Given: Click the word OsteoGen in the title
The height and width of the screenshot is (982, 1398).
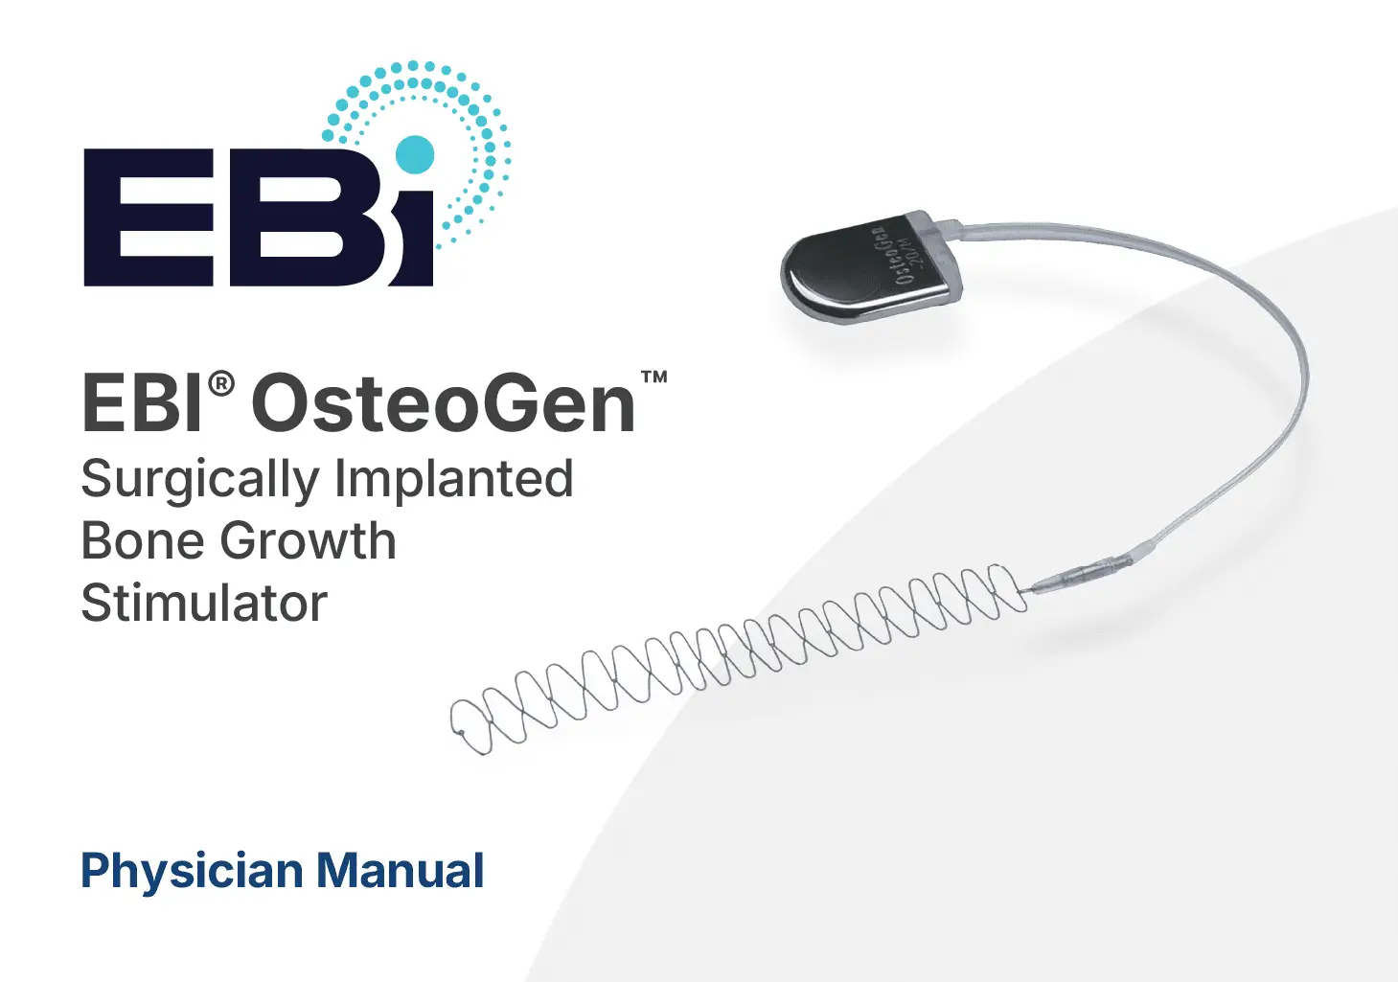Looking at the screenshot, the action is tap(444, 403).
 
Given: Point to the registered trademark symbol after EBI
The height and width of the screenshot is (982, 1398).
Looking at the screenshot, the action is tap(221, 384).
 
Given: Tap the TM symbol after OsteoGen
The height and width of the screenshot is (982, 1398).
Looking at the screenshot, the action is tap(654, 377).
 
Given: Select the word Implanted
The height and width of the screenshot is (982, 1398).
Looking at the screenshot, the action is tap(454, 478).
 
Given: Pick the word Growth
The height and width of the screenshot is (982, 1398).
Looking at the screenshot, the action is tap(309, 540).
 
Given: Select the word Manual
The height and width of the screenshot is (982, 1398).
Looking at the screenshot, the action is tap(401, 870).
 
